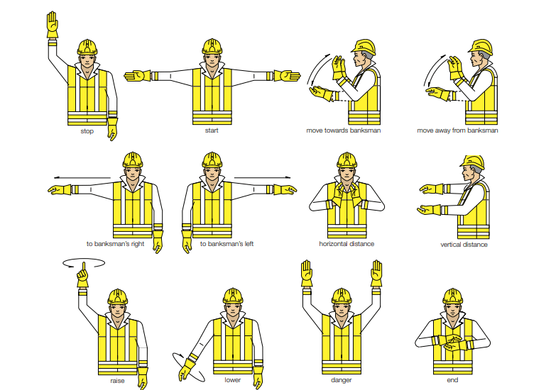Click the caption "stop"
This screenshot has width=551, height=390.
87,131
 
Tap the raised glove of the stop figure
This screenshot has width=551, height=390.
53,25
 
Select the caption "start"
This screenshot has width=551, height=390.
212,130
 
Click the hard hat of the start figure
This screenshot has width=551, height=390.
212,46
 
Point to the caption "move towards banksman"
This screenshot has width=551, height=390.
344,130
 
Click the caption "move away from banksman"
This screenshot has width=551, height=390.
457,130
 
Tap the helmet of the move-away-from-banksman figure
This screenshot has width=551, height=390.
481,47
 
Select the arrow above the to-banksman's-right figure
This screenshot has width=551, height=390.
82,177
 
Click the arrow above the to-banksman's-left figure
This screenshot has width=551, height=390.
263,177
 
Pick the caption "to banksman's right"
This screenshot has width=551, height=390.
115,244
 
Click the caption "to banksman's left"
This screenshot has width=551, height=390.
227,244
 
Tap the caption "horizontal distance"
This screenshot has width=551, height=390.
347,244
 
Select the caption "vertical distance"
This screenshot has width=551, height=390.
464,245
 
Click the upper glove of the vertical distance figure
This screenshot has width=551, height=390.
432,189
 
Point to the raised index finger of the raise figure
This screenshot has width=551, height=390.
84,267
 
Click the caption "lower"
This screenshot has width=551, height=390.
233,380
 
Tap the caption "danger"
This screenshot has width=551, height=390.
342,380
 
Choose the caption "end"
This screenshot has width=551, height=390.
452,380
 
